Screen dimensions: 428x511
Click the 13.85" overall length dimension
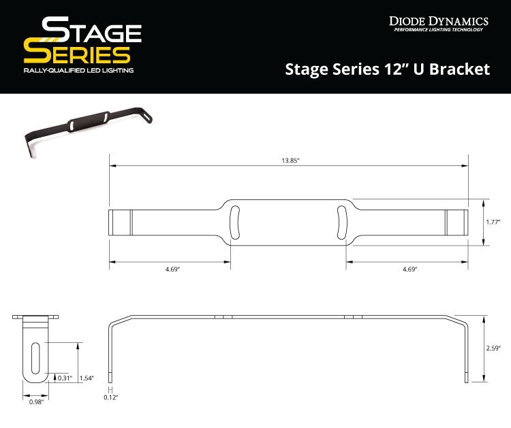click(x=289, y=160)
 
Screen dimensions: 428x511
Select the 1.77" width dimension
click(x=495, y=222)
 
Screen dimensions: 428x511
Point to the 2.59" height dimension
click(x=495, y=348)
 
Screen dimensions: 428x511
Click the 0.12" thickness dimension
click(x=111, y=396)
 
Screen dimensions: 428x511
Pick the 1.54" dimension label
click(x=87, y=378)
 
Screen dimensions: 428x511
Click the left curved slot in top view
click(x=234, y=222)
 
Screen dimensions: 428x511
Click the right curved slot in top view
click(x=342, y=222)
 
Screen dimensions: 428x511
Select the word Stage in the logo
click(x=91, y=31)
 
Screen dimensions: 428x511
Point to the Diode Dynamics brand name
click(x=439, y=20)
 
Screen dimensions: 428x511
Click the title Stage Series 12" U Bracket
click(x=387, y=69)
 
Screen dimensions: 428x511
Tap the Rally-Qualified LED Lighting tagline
click(x=78, y=70)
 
